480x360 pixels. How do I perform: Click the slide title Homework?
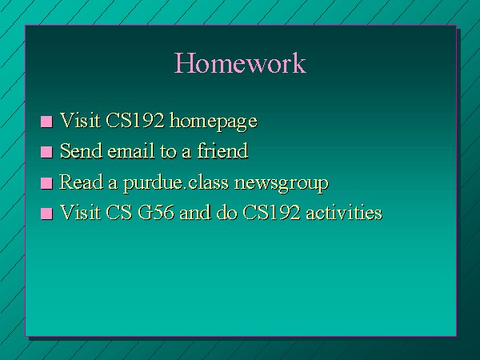[240, 62]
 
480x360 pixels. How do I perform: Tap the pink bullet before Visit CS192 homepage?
[46, 122]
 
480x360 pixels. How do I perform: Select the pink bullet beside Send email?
[46, 152]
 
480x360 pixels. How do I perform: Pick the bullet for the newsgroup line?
[46, 183]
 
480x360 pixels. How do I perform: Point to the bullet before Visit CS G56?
[46, 214]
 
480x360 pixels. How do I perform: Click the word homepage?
[214, 122]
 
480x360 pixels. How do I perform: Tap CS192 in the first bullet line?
[134, 120]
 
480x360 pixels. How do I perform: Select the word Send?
[81, 150]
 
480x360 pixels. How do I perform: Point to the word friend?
[222, 150]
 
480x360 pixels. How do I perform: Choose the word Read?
[81, 182]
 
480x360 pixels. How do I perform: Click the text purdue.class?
[176, 183]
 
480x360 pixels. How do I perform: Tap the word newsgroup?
[282, 184]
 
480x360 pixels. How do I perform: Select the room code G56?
[156, 212]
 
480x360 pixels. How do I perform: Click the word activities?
[344, 212]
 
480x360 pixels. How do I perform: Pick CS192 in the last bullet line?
[271, 212]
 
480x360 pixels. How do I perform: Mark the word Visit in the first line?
[80, 120]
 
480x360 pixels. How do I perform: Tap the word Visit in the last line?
[80, 212]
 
